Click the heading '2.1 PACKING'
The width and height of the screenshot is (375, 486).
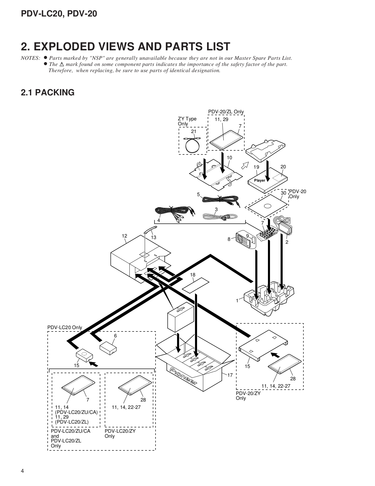(x=47, y=92)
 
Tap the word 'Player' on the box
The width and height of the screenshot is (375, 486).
(x=260, y=180)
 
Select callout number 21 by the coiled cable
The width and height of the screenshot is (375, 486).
(x=193, y=131)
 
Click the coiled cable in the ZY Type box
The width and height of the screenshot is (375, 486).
(x=192, y=145)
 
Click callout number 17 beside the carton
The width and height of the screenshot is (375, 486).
(x=230, y=375)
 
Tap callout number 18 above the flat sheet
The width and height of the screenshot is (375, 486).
(x=193, y=275)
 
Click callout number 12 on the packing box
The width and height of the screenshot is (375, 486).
(x=124, y=236)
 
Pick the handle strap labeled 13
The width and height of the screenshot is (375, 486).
(x=150, y=229)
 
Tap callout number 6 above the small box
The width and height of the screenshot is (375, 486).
(x=115, y=336)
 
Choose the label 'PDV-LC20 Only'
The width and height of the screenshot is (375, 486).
(x=65, y=327)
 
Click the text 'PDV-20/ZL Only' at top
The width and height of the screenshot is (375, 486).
(x=226, y=112)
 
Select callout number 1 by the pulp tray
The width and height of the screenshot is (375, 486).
(x=237, y=301)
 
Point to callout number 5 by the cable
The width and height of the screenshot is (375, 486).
(x=198, y=195)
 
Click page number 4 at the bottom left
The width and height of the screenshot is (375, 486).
(x=22, y=471)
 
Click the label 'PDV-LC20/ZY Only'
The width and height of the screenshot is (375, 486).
(x=120, y=433)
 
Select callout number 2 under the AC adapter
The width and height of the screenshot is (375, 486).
(x=287, y=242)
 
